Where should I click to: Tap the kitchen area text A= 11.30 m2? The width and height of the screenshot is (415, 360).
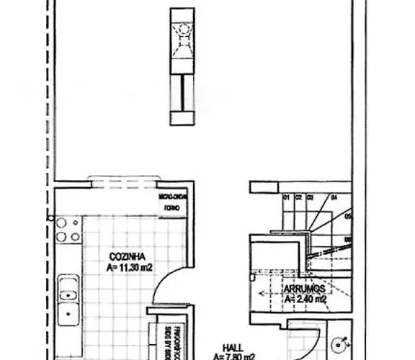click(128, 267)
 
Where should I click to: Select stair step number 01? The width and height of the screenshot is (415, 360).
click(285, 197)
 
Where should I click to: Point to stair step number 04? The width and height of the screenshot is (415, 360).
click(333, 197)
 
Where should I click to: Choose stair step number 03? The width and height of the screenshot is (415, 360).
click(310, 197)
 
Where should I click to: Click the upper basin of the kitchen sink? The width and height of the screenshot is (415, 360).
click(67, 294)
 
